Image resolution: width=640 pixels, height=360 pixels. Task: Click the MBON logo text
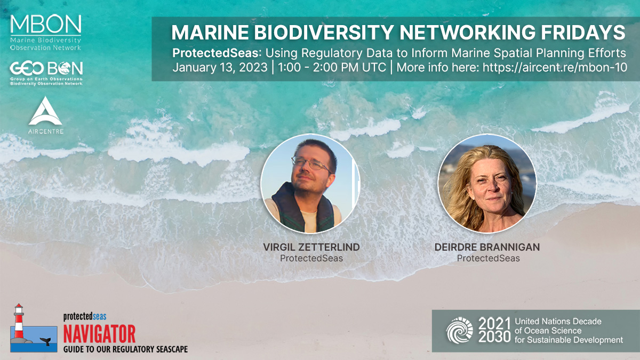coord(46,24)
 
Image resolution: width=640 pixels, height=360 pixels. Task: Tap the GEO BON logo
coord(46,70)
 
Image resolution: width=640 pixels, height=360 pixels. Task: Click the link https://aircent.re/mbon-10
coord(552,68)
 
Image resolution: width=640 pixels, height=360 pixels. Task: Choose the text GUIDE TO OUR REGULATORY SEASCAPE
coord(125,349)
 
